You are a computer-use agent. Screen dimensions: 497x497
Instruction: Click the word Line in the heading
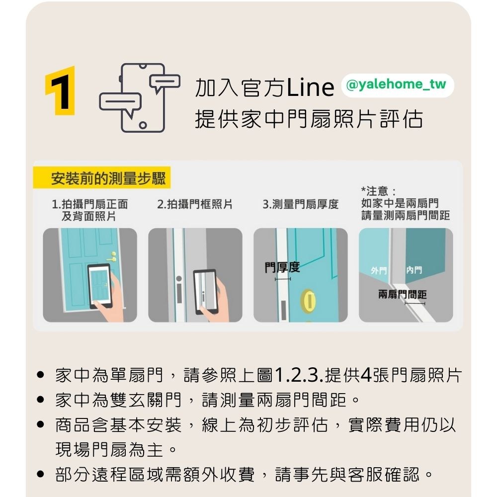(310, 87)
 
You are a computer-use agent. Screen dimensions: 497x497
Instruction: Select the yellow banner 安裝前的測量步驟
(102, 177)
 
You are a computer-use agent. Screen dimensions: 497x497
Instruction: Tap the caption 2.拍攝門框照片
(195, 204)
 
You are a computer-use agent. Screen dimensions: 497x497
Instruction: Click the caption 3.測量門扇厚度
(301, 204)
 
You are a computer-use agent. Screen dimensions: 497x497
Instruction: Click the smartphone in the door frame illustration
(206, 291)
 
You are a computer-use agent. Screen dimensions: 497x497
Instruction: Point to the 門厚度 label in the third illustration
(282, 267)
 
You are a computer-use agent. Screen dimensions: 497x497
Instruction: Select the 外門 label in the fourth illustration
(379, 270)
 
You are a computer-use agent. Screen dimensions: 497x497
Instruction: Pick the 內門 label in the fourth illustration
(414, 270)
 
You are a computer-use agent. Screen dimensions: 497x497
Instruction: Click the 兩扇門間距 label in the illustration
(402, 294)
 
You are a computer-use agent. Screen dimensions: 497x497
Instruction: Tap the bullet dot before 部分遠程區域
(40, 474)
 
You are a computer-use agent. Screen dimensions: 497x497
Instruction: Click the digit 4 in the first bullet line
(366, 375)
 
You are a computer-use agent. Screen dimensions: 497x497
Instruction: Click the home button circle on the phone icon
(143, 125)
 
